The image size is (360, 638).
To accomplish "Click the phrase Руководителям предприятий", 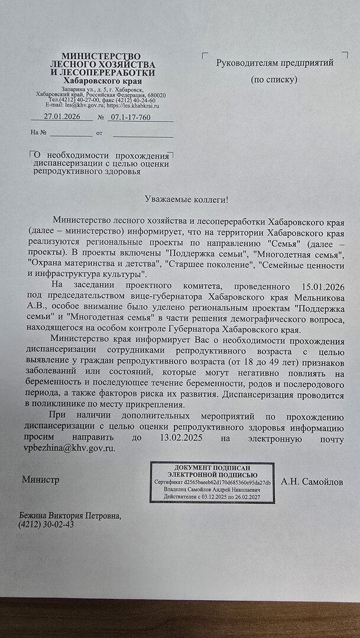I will point(275,62).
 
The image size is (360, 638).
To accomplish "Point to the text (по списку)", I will point(274,79).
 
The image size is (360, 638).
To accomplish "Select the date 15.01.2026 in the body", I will point(313,287).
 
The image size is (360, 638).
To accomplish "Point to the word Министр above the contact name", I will point(41,480).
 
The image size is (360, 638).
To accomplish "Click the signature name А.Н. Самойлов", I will point(311,482).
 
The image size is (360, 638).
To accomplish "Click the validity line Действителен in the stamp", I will point(212,498).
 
